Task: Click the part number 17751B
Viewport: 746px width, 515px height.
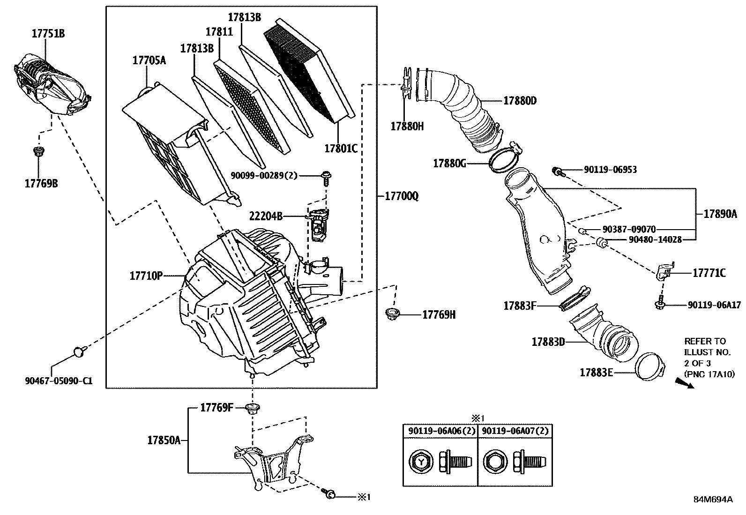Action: [48, 33]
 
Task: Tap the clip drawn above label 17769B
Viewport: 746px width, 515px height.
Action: [39, 151]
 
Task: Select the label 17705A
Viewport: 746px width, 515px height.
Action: [149, 60]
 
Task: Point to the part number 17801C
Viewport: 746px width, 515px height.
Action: [341, 149]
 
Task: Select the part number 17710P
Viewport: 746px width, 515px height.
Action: [146, 276]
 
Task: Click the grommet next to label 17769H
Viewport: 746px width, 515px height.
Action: [391, 314]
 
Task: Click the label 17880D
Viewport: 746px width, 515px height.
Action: [520, 100]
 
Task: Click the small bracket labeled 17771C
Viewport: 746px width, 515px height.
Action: [664, 271]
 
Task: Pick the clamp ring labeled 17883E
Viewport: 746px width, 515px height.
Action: [650, 366]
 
